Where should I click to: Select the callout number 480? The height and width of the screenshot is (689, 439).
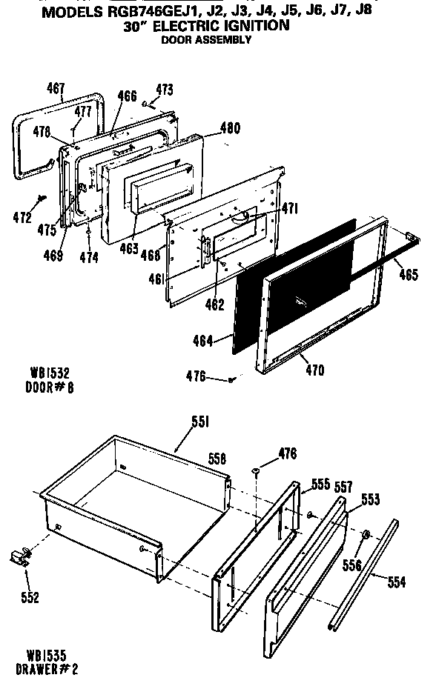click(230, 127)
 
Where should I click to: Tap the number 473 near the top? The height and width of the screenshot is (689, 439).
click(164, 90)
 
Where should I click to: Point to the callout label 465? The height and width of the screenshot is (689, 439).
click(408, 275)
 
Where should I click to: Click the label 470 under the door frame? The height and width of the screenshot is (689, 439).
click(314, 370)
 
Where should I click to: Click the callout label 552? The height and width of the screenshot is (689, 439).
click(30, 598)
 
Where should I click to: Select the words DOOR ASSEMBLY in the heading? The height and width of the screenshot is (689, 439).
click(206, 39)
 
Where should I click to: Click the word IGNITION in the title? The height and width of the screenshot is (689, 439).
click(249, 26)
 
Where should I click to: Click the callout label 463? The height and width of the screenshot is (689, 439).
click(129, 248)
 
